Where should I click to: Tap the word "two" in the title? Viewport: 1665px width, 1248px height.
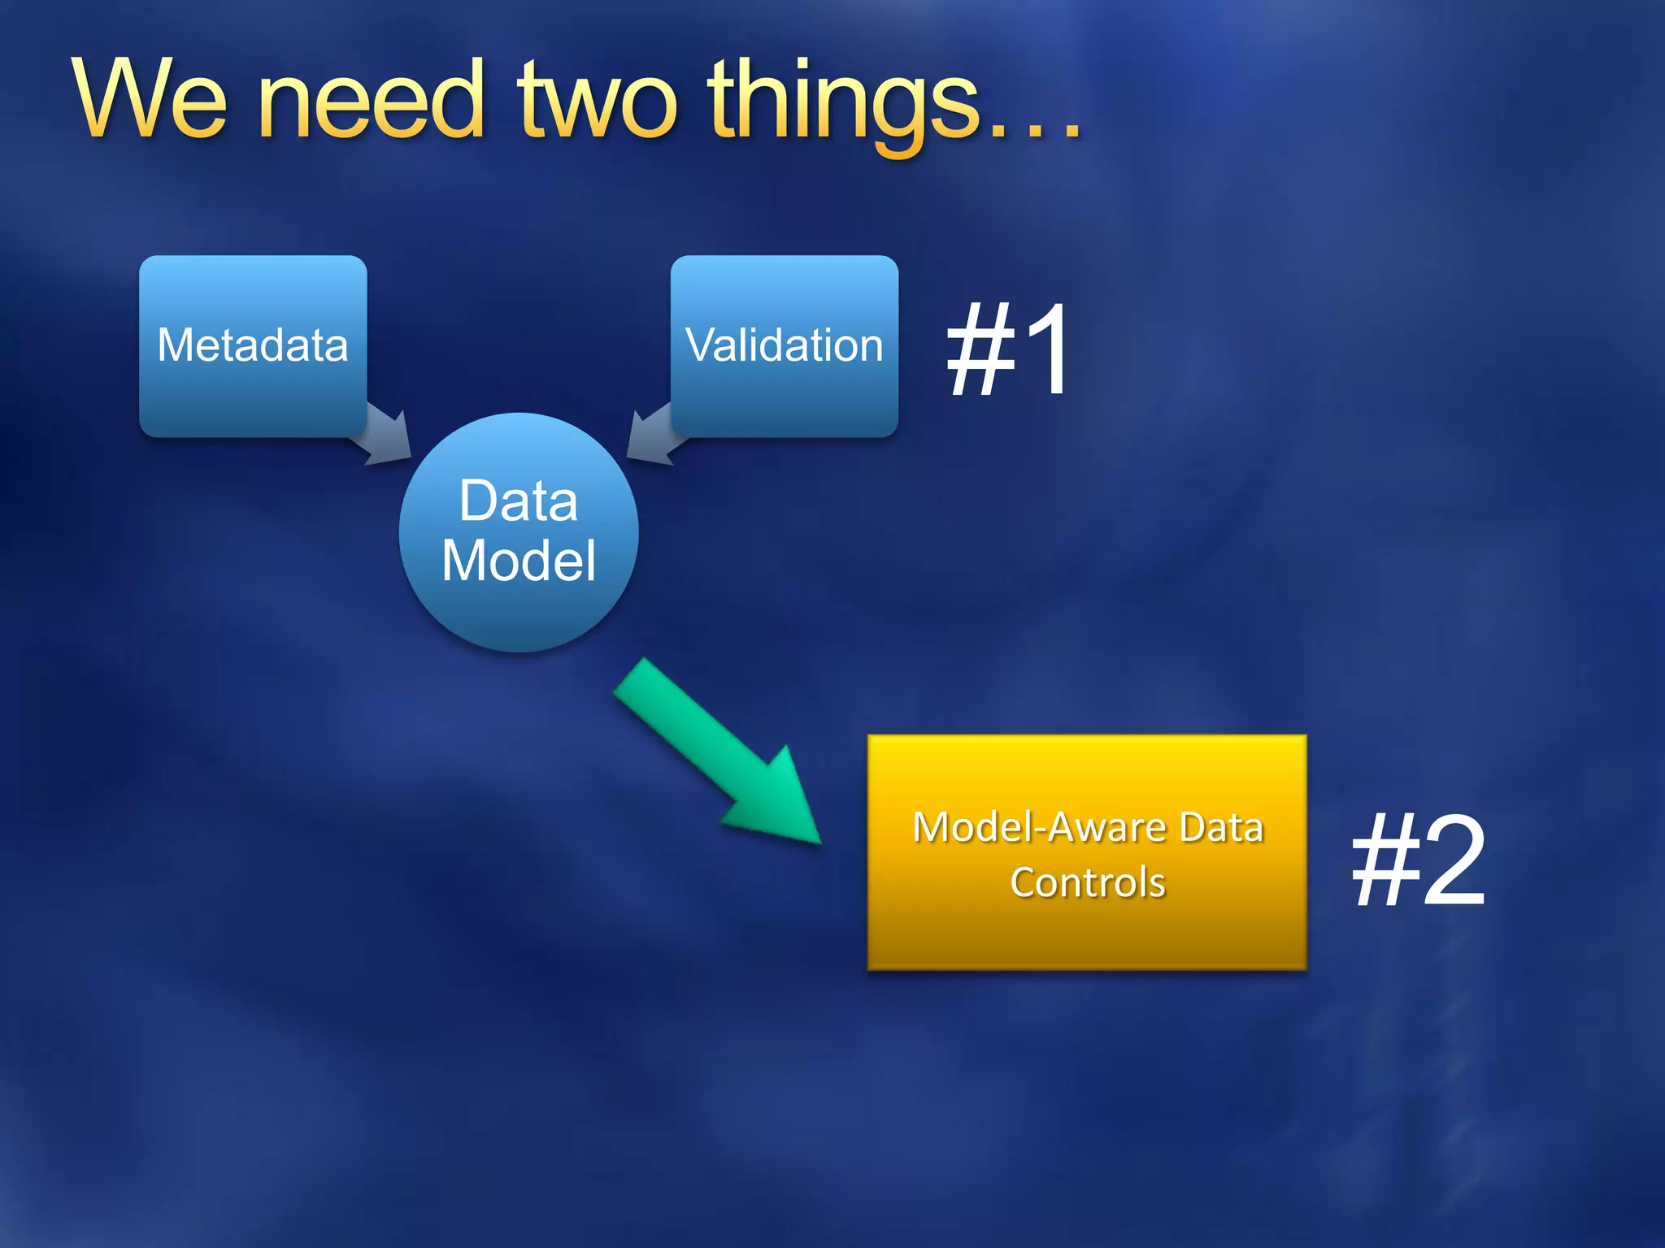coord(598,102)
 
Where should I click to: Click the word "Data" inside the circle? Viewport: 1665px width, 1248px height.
coord(519,500)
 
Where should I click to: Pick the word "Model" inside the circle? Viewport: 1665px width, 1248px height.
coord(519,561)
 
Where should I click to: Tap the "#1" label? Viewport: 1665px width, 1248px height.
coord(1008,349)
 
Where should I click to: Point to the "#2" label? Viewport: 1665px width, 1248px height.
coord(1419,861)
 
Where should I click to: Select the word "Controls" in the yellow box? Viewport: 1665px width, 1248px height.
coord(1087,882)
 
